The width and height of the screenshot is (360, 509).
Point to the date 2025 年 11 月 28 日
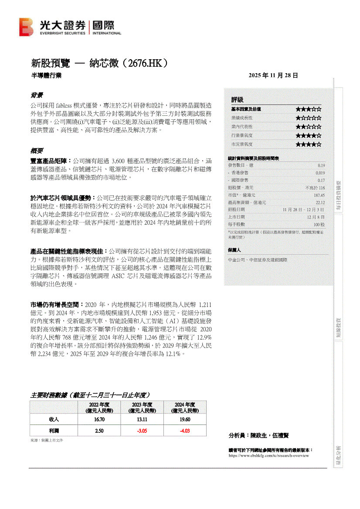click(273, 75)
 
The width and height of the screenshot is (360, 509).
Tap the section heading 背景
click(37, 95)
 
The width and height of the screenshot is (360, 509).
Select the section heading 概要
click(37, 151)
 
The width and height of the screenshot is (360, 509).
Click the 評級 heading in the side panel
click(238, 100)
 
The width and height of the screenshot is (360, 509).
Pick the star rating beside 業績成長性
click(309, 118)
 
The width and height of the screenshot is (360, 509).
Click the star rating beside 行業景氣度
click(309, 135)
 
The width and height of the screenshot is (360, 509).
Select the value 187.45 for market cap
click(319, 195)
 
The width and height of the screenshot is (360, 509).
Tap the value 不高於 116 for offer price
click(315, 188)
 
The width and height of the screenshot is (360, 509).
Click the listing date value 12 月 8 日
click(316, 217)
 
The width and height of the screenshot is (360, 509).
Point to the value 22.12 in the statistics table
click(320, 202)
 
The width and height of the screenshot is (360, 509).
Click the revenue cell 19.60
click(185, 419)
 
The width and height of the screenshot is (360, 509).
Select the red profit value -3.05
click(142, 431)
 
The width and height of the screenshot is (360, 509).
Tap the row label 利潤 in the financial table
click(54, 431)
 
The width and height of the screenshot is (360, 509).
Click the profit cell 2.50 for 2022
click(99, 431)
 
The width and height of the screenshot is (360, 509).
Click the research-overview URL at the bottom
click(268, 455)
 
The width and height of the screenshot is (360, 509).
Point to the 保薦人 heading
click(234, 250)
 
